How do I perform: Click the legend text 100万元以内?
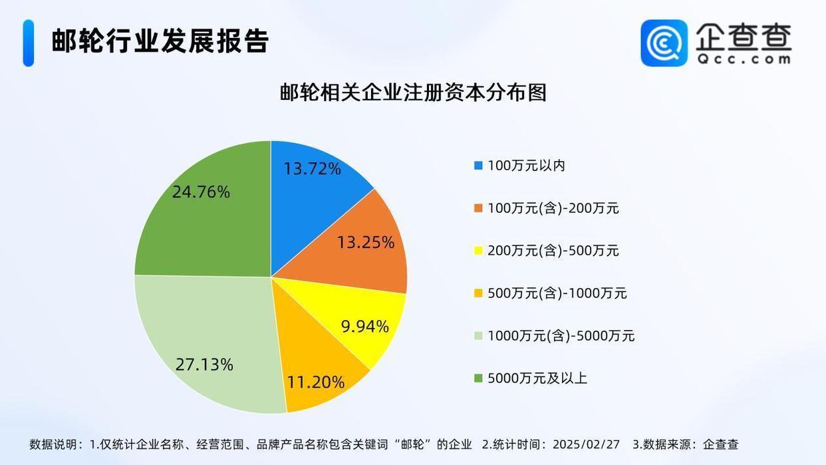[526, 166]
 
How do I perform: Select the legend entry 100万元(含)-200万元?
[553, 208]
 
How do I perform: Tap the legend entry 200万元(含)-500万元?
[553, 251]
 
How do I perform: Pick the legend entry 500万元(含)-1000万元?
[557, 293]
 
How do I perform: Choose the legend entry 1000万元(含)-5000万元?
[561, 336]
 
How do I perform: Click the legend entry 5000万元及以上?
[537, 379]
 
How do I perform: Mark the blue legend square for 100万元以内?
[478, 166]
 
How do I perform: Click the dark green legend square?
[478, 379]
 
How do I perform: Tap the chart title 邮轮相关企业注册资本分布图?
[413, 92]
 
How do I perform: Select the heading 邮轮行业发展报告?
[160, 41]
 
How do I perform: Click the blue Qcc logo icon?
[664, 43]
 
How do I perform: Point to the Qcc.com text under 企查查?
[744, 59]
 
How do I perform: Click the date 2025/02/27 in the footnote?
[585, 444]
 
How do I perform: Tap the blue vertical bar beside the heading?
[28, 43]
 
